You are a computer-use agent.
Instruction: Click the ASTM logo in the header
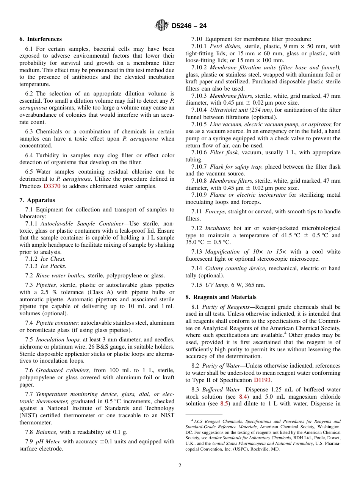coord(162,26)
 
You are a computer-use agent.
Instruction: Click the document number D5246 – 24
coord(189,26)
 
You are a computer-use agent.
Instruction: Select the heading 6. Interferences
coord(41,39)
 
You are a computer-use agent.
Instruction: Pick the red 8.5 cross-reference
coord(224,404)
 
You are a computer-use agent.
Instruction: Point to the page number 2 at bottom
coord(180,465)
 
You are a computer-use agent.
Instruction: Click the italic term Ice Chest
coord(53,259)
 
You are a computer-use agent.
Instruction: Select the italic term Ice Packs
coord(53,266)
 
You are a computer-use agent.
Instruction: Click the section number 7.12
coord(197,228)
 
